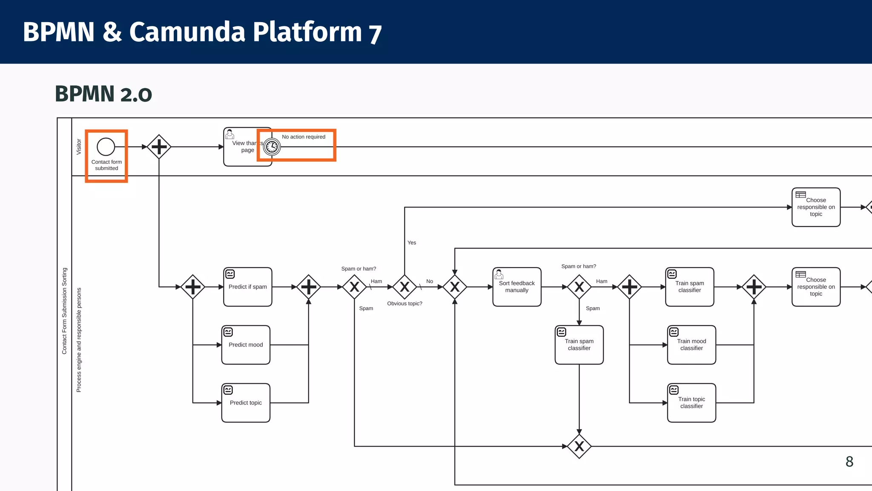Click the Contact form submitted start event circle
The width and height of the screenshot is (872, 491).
[106, 147]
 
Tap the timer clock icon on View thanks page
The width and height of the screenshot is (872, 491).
[272, 147]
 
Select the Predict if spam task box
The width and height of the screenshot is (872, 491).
[247, 287]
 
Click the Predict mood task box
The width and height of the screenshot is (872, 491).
[246, 345]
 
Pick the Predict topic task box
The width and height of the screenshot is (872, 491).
[246, 403]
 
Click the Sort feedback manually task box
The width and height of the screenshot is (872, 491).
[516, 287]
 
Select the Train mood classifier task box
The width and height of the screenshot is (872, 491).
[691, 345]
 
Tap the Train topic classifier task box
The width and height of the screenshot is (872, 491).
[691, 403]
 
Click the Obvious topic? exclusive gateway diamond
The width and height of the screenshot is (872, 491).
[404, 287]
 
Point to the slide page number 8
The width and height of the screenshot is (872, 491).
[849, 462]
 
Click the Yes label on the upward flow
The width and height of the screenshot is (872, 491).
[412, 243]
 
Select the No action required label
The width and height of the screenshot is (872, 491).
[304, 137]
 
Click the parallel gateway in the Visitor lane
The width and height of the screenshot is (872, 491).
[159, 147]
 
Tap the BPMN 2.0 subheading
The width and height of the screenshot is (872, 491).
[103, 94]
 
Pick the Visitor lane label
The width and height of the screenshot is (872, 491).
[79, 147]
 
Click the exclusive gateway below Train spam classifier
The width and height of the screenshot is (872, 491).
[579, 446]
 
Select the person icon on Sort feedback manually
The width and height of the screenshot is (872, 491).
[499, 274]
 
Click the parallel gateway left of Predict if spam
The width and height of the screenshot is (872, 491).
[193, 287]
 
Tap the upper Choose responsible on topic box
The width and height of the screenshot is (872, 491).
[816, 207]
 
